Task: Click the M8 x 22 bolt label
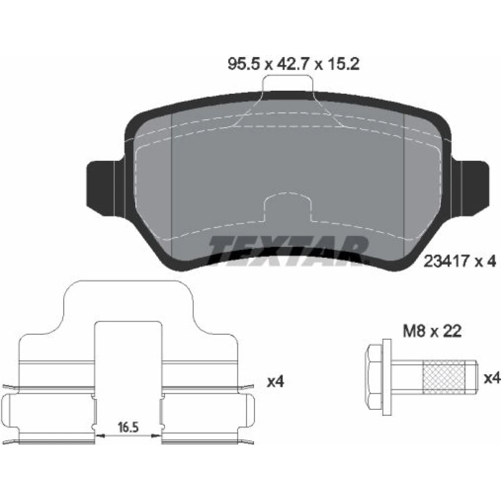coord(432,331)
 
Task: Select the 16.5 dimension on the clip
coord(128,427)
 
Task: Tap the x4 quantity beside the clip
coord(276,381)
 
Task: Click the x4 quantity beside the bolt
coord(492,379)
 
